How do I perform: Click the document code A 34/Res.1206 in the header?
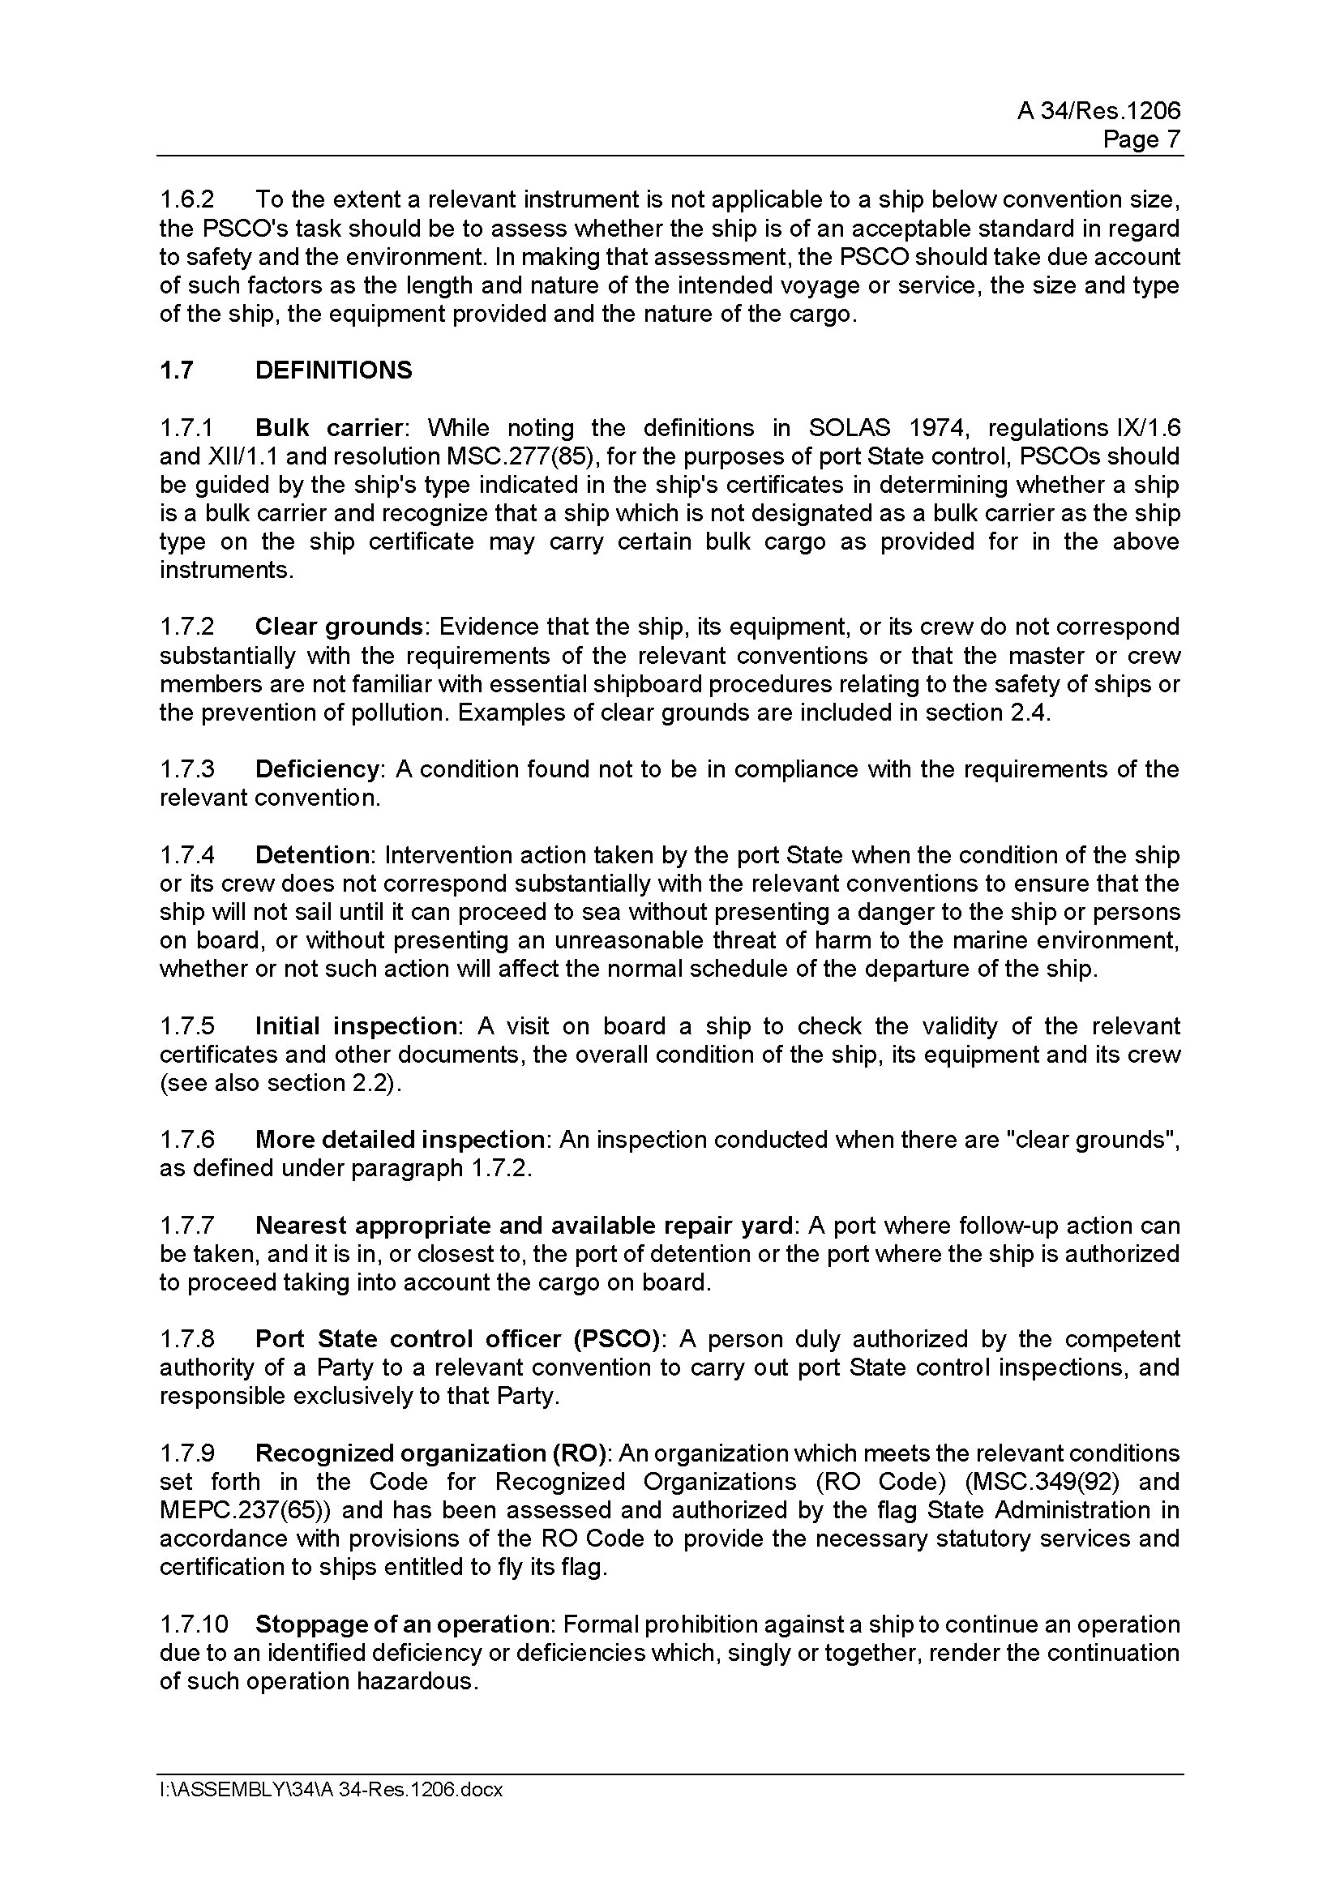tap(1098, 111)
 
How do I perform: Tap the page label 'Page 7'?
tap(1141, 139)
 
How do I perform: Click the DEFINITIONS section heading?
tap(333, 370)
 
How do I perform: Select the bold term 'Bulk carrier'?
tap(328, 428)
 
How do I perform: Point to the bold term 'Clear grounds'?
tap(339, 627)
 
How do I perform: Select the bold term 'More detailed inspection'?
tap(400, 1140)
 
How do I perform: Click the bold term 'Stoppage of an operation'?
tap(402, 1624)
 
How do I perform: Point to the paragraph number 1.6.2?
tap(186, 200)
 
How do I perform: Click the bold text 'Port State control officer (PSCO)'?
tap(457, 1338)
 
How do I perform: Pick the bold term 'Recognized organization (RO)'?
tap(431, 1453)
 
